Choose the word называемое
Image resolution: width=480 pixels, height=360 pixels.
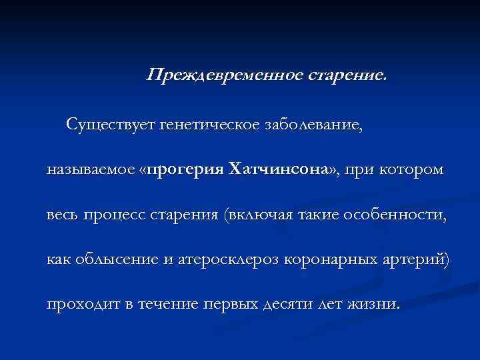(90, 169)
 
